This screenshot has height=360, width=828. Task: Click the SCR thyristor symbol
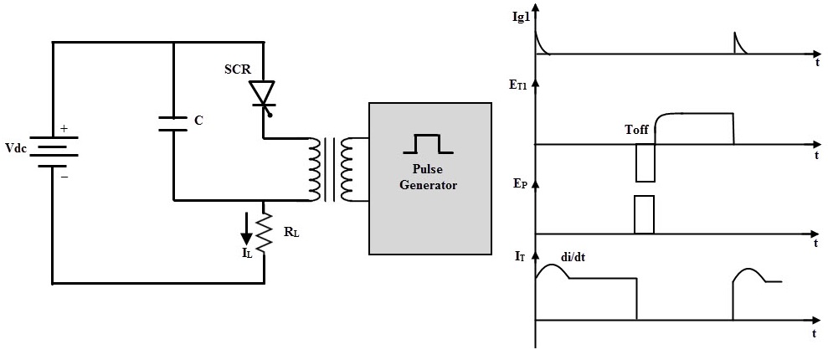263,95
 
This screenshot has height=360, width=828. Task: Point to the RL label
291,232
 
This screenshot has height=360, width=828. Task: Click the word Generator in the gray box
429,185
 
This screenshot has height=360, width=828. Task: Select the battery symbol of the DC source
53,151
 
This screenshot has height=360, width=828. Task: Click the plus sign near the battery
64,128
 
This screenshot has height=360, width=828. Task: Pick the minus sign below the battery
64,177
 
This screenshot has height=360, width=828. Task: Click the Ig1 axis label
521,17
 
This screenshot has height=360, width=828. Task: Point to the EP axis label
521,185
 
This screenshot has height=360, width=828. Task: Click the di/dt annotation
574,259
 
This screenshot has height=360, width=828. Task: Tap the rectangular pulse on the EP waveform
645,214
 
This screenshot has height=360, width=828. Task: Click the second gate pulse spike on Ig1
740,43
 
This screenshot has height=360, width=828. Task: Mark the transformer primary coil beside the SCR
314,169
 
